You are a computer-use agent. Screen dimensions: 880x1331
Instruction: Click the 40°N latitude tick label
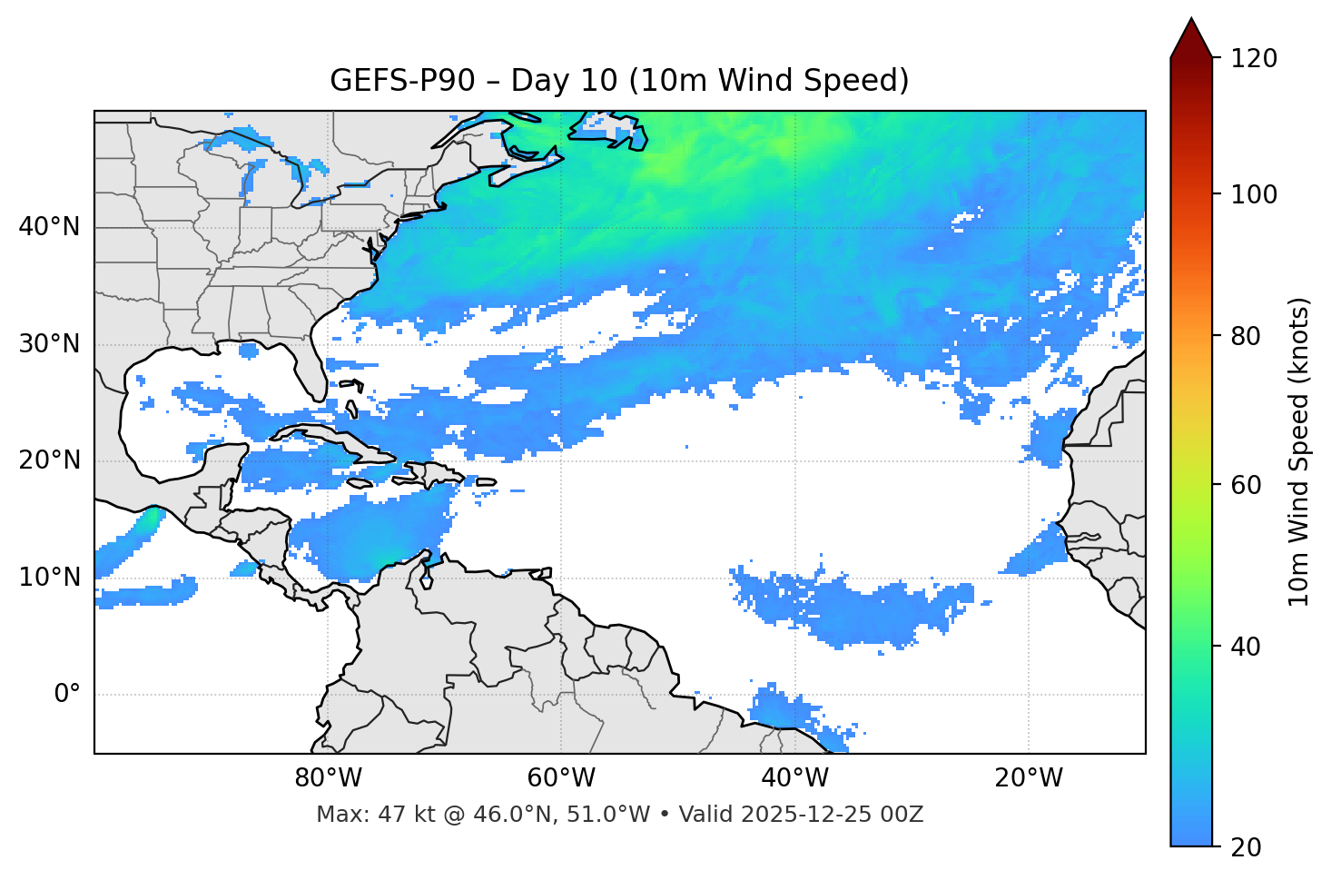tap(49, 227)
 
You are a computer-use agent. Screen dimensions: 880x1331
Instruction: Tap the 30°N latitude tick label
tap(49, 344)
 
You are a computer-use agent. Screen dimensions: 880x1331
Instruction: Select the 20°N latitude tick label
tap(49, 460)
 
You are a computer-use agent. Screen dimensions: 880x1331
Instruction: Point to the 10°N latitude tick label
tap(49, 578)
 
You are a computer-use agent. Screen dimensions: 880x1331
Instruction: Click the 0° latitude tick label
tap(66, 695)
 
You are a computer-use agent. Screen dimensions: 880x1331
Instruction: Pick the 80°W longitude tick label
tap(328, 778)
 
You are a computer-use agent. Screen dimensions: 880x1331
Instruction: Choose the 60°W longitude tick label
tap(561, 778)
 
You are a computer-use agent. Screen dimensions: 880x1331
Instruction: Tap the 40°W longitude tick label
tap(794, 778)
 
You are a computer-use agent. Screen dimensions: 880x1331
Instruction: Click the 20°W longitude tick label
tap(1028, 778)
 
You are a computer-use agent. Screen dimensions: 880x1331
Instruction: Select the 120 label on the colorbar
tap(1253, 59)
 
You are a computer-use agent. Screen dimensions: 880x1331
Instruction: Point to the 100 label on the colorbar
tap(1253, 194)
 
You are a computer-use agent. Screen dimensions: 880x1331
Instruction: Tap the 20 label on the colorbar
tap(1247, 847)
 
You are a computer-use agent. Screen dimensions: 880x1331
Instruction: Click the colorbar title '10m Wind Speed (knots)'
tap(1299, 452)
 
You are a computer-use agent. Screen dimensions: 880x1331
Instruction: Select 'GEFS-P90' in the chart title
tap(402, 81)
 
